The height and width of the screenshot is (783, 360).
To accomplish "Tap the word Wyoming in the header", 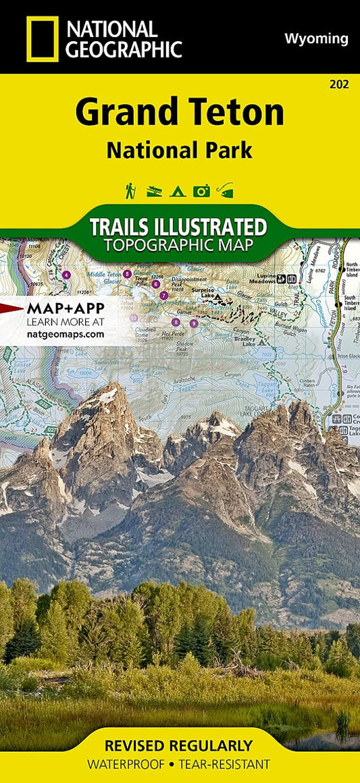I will (317, 38).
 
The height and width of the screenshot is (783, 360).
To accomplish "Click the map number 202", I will (340, 84).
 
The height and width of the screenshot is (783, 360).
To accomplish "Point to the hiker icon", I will (130, 191).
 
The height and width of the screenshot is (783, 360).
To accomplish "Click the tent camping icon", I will (178, 191).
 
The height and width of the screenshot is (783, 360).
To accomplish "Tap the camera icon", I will (201, 191).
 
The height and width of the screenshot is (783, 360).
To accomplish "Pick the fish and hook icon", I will (225, 191).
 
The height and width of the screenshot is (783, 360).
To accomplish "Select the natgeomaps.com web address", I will (66, 333).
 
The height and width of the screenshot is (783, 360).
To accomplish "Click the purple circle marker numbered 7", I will (163, 296).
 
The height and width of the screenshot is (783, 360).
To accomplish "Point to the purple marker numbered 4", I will (66, 275).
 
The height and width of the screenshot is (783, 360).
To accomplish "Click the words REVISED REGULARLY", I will (178, 746).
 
